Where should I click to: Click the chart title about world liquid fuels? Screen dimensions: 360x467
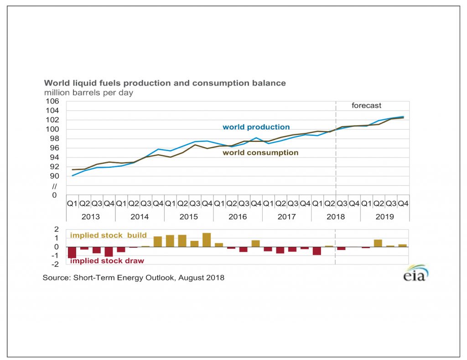[165, 83]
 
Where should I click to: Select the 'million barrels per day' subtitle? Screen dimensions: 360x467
[88, 93]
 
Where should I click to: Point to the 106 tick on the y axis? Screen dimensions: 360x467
[53, 101]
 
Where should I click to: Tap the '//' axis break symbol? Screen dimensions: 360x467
[55, 186]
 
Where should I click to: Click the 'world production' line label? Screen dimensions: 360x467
[256, 127]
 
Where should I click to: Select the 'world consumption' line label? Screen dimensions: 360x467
[260, 153]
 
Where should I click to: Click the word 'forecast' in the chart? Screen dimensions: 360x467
[366, 105]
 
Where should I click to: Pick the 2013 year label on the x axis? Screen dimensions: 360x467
[91, 217]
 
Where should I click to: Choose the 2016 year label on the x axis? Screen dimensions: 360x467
[238, 217]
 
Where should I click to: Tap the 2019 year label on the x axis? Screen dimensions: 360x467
[384, 217]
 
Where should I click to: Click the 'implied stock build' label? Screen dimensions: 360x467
[108, 235]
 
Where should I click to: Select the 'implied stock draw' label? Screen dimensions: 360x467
[107, 261]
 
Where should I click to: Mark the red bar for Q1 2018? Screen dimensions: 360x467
[317, 250]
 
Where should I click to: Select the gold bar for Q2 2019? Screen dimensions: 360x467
[378, 243]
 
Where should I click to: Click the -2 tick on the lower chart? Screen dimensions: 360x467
[57, 265]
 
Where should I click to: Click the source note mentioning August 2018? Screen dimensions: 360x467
[134, 277]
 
